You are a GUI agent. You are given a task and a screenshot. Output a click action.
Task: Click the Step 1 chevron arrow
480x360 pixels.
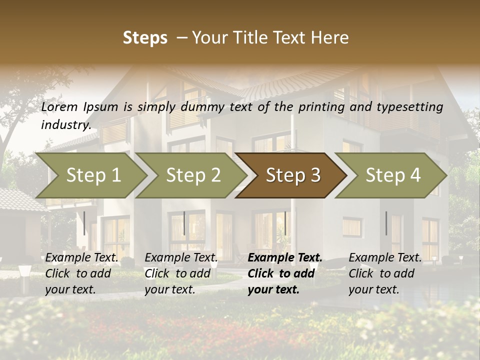92,175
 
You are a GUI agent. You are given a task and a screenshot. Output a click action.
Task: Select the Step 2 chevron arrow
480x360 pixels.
192,175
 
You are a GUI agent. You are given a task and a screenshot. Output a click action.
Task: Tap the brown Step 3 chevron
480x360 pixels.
292,175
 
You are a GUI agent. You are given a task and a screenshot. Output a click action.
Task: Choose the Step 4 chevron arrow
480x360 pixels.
392,175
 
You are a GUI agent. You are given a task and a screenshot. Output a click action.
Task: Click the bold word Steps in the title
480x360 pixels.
145,38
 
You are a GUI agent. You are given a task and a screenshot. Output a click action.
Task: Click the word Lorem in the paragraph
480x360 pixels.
59,107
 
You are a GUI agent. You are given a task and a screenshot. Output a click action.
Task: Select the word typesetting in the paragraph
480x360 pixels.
408,107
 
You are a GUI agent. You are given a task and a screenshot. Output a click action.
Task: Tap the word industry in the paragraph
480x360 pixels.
66,125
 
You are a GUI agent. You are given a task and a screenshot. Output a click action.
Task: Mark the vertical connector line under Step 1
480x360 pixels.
84,223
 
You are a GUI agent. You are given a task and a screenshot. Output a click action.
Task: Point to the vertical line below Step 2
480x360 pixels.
184,223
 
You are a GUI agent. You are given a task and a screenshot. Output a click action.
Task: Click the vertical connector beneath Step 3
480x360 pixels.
285,223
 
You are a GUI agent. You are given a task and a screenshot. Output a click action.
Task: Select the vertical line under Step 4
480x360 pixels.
386,223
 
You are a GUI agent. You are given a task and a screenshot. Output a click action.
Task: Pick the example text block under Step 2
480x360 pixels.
181,273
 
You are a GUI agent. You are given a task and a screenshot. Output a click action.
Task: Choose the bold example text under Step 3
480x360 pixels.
284,273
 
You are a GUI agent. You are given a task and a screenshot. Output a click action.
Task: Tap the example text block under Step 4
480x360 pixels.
385,273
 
